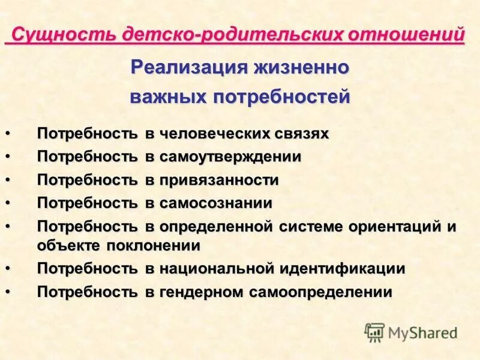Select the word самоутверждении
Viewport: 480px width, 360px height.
click(230, 157)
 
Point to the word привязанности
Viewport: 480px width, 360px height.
click(219, 180)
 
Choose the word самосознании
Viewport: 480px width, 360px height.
click(216, 203)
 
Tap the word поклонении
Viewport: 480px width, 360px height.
click(154, 245)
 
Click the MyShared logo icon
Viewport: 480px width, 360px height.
click(374, 332)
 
